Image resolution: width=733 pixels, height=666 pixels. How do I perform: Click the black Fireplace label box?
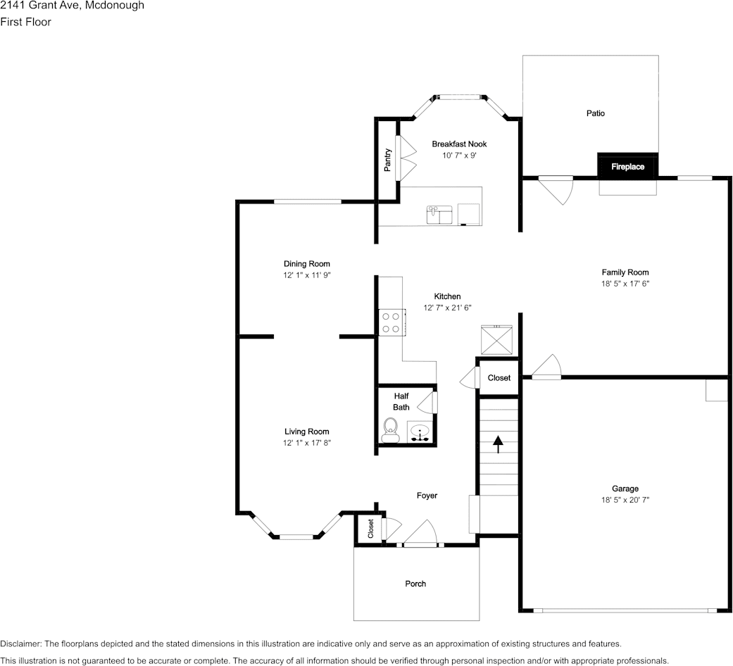[627, 167]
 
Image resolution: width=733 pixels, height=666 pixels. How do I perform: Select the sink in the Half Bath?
[420, 432]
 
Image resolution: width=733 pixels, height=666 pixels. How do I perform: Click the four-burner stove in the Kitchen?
[390, 322]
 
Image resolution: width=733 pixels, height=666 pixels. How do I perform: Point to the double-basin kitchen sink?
[439, 214]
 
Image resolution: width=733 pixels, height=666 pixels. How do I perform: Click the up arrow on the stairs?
[499, 444]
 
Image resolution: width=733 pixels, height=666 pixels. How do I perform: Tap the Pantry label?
[387, 160]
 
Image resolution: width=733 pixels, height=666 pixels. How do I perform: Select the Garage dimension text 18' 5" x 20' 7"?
[625, 500]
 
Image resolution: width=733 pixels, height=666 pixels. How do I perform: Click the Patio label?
[595, 113]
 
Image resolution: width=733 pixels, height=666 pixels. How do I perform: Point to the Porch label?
[415, 584]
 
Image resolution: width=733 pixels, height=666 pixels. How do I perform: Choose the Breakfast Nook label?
[459, 144]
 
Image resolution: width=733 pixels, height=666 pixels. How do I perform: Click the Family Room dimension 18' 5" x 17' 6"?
[625, 284]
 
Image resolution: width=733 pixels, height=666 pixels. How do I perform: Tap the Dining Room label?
[306, 264]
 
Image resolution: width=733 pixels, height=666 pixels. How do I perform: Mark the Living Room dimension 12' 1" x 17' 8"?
[306, 443]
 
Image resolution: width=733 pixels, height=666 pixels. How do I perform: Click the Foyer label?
[427, 496]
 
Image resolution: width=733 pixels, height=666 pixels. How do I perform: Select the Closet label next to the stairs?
[499, 378]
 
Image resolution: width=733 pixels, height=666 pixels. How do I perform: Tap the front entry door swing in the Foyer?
[424, 534]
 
